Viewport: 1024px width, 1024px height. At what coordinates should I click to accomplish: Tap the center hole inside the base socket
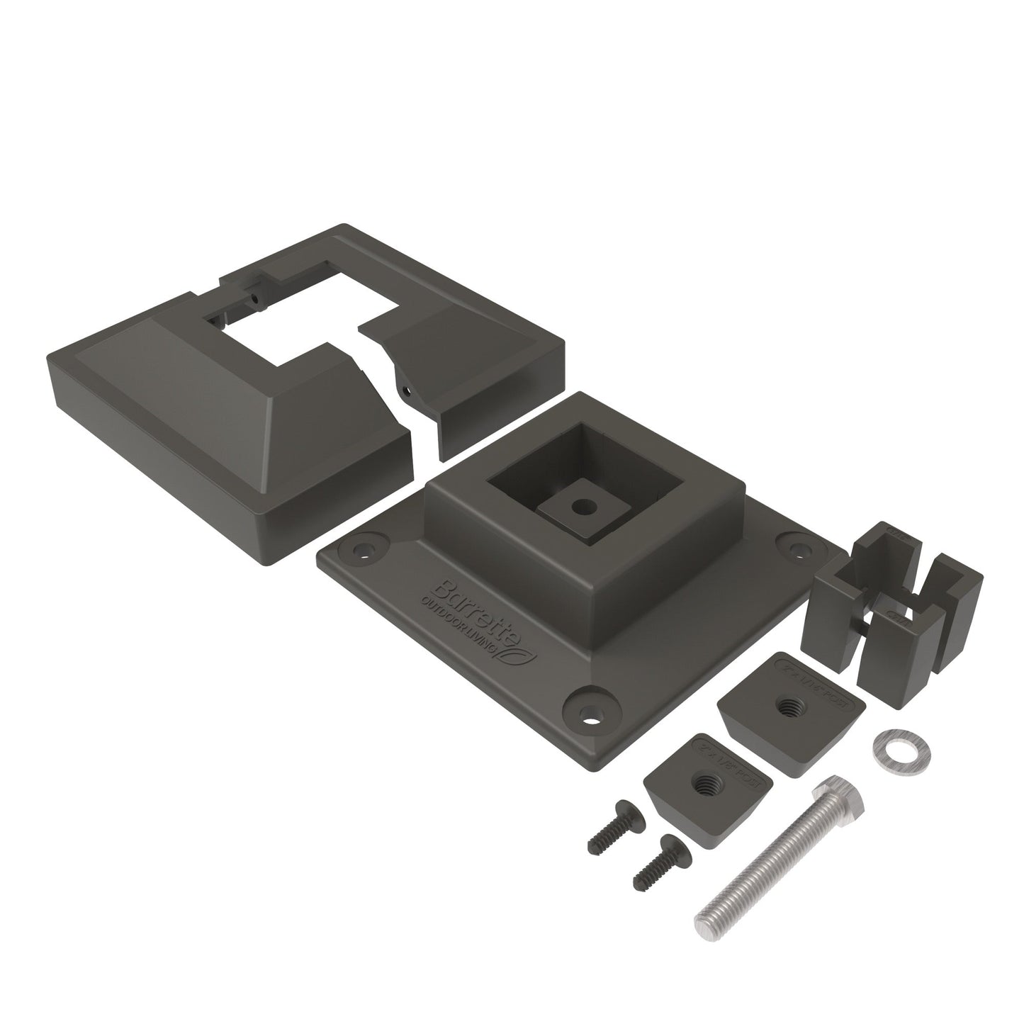583,507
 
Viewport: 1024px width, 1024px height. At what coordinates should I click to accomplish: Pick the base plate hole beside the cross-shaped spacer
799,548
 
